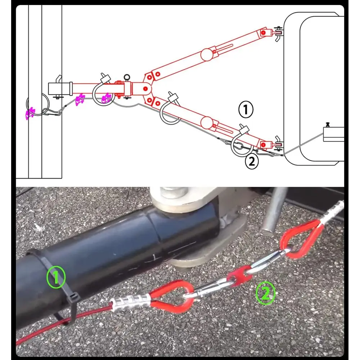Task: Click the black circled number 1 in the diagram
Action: click(246, 109)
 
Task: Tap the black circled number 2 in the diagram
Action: click(252, 162)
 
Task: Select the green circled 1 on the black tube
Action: click(56, 277)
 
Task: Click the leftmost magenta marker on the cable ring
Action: click(29, 113)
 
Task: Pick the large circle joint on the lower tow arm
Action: click(207, 122)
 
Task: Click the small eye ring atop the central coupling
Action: click(126, 77)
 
